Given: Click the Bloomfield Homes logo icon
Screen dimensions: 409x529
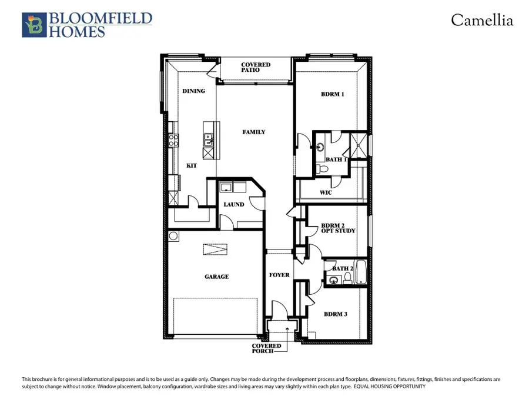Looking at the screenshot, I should [32, 25].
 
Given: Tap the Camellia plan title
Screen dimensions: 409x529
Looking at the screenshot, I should [482, 21].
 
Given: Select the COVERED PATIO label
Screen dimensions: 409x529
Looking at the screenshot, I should [256, 67].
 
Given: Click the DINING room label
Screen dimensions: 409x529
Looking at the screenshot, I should [193, 91].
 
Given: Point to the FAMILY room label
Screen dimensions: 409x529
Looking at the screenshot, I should [254, 132].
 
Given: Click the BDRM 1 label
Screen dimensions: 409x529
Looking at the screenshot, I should [332, 94].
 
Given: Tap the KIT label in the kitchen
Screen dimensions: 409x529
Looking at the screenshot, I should [191, 166].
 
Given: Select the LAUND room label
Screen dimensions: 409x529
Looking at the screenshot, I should [233, 205].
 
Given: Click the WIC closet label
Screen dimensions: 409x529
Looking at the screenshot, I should [327, 192].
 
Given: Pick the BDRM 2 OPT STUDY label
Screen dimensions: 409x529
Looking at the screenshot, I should [338, 228].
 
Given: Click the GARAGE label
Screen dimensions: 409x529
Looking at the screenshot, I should [217, 277].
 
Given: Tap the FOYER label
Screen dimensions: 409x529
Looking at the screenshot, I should [279, 275].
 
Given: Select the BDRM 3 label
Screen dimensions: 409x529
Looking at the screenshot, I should [335, 314].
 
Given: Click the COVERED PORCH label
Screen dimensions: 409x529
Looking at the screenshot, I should [266, 349].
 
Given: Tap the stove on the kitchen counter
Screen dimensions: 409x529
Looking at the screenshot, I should [174, 140].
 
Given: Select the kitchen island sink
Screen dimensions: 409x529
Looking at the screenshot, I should [208, 140].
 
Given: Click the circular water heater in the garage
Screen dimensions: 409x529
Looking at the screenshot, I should [173, 237].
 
